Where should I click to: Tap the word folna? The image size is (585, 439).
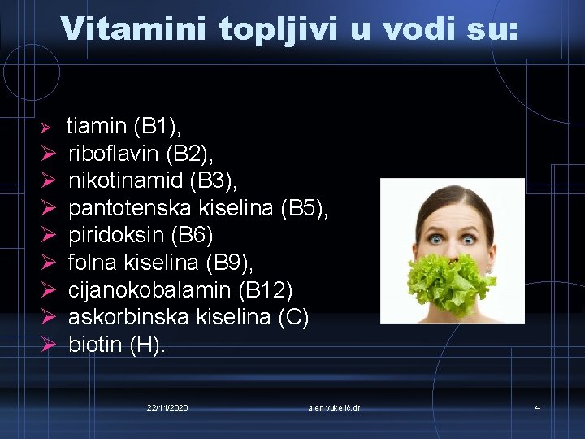[x=93, y=263]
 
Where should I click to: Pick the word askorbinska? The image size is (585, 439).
[x=130, y=317]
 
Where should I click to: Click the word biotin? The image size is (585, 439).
[x=96, y=345]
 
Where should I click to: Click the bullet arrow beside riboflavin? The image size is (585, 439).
[x=48, y=153]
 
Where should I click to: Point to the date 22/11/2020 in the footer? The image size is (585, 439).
[x=167, y=406]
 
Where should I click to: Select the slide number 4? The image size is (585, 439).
[x=537, y=406]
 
